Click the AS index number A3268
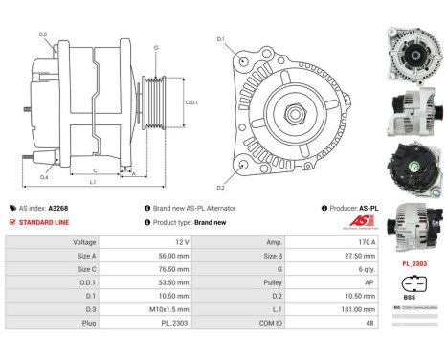(x=58, y=207)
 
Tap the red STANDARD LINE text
(x=43, y=221)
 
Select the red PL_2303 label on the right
(x=413, y=263)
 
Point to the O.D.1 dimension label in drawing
(x=191, y=102)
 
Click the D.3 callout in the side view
(x=43, y=34)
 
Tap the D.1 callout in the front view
(x=220, y=39)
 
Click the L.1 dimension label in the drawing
(x=92, y=181)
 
